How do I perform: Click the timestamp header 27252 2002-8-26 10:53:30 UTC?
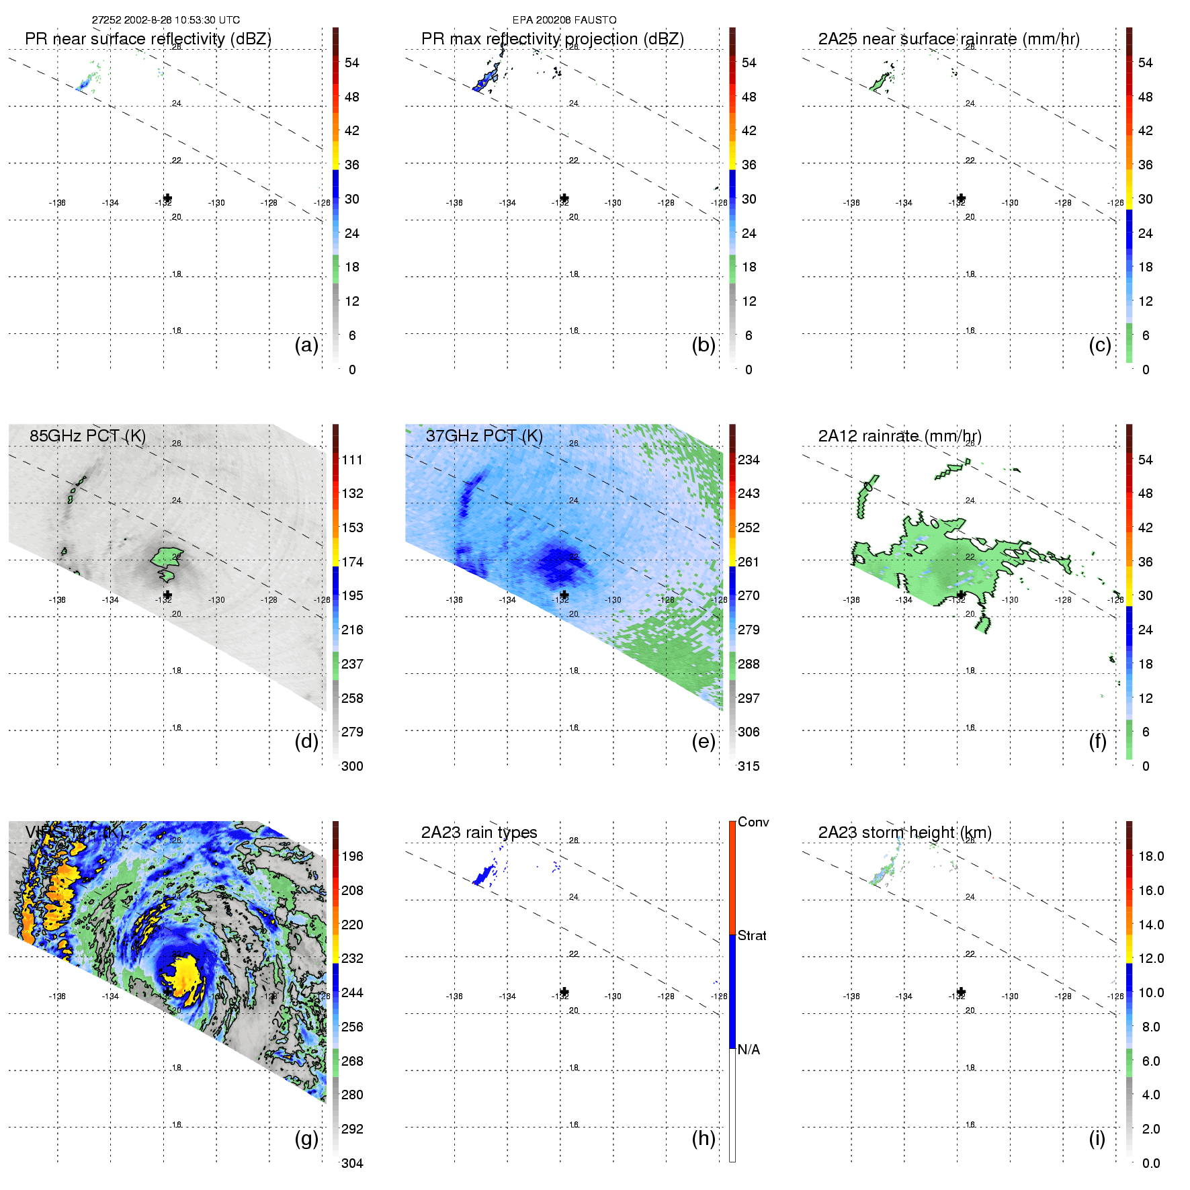tap(165, 20)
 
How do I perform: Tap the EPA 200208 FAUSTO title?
tap(564, 20)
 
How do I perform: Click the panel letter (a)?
tap(306, 345)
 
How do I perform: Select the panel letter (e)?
tap(704, 741)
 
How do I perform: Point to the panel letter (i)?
tap(1097, 1138)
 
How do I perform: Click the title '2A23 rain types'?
tap(478, 833)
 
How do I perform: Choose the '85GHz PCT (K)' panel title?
tap(87, 436)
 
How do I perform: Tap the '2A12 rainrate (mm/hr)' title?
tap(899, 436)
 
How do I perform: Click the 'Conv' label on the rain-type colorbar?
tap(753, 822)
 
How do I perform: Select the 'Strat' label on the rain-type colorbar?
tap(752, 935)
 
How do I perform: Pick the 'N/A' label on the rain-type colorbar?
tap(749, 1050)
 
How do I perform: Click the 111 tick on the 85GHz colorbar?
tap(352, 460)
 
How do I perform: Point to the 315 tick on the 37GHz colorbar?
tap(749, 766)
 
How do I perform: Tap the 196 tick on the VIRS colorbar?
tap(352, 856)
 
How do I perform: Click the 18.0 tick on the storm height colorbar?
tap(1150, 856)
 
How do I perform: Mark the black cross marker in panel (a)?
tap(167, 198)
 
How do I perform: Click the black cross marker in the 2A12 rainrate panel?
tap(961, 595)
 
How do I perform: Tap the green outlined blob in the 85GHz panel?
tap(166, 557)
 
